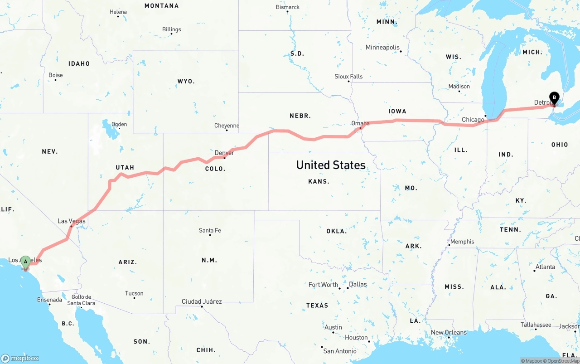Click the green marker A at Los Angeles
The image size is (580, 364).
(x=26, y=262)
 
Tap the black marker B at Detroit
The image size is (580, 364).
(x=554, y=97)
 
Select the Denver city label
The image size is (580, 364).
(x=224, y=153)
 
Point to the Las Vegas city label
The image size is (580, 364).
(x=71, y=221)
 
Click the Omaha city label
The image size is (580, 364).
(x=360, y=123)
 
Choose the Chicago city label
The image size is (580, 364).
(x=473, y=120)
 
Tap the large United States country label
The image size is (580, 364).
(x=331, y=165)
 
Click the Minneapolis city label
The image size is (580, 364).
(x=382, y=48)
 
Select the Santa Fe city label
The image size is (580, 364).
(x=210, y=230)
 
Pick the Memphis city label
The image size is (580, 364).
(x=462, y=242)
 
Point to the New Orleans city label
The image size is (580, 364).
(x=449, y=332)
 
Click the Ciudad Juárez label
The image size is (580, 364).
(x=202, y=301)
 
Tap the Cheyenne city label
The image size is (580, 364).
(x=227, y=126)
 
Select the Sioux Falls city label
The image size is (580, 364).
(x=348, y=77)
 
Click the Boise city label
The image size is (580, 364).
(x=55, y=75)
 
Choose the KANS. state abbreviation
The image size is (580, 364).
(x=319, y=181)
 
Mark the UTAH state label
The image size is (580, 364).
(x=125, y=168)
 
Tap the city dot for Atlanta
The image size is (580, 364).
(x=535, y=271)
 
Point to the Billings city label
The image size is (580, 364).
(x=171, y=29)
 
